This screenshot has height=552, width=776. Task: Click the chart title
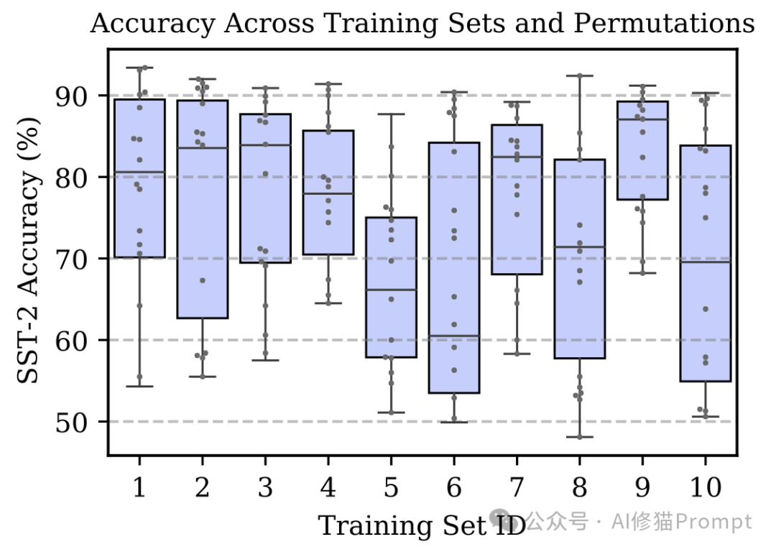tap(422, 24)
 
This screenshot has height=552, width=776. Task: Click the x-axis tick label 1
tap(139, 489)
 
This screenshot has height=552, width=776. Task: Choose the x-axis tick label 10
tap(706, 489)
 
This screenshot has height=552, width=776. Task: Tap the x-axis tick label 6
tap(454, 489)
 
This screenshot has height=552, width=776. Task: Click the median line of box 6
tap(454, 336)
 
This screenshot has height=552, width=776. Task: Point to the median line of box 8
tap(580, 247)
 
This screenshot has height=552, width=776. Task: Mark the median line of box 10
tap(706, 262)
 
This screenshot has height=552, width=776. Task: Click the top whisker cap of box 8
tap(580, 75)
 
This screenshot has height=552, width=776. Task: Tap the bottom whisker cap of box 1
tap(139, 386)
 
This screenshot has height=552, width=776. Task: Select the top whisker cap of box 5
tap(391, 114)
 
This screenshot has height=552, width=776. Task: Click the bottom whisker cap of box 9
tap(643, 273)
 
